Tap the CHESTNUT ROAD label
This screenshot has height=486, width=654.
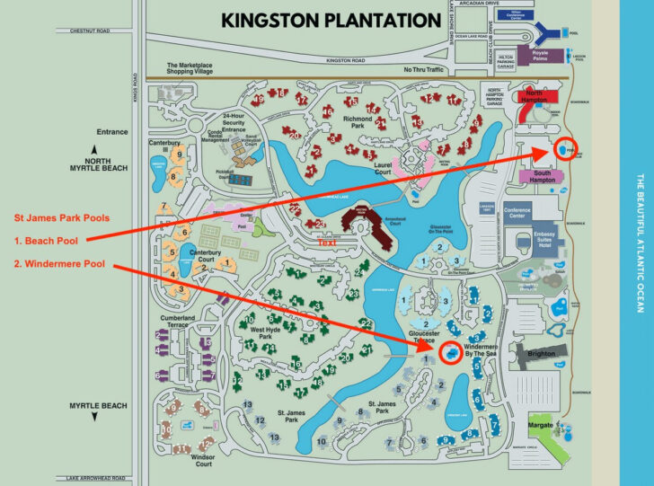pyautogui.click(x=83, y=31)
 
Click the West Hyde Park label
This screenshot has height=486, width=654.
pyautogui.click(x=267, y=334)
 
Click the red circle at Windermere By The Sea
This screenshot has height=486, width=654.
pyautogui.click(x=451, y=355)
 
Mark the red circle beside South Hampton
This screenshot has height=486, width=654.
pyautogui.click(x=567, y=151)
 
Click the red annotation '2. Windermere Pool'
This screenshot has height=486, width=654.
pyautogui.click(x=59, y=264)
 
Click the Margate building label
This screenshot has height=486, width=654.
pyautogui.click(x=539, y=422)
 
